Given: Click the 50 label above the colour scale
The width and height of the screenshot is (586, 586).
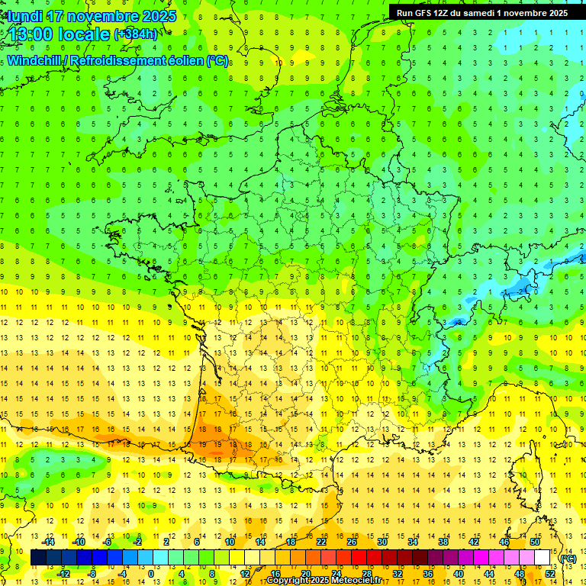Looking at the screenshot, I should click(534, 542).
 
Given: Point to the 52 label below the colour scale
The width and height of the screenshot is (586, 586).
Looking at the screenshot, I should click(549, 574).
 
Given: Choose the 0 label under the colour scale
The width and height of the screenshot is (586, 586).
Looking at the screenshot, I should click(151, 574).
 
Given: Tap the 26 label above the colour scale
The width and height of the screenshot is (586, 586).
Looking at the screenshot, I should click(352, 542).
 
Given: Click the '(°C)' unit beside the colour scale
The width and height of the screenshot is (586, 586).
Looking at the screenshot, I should click(568, 559).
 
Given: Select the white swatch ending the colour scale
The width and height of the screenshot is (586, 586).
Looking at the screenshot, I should click(543, 558).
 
